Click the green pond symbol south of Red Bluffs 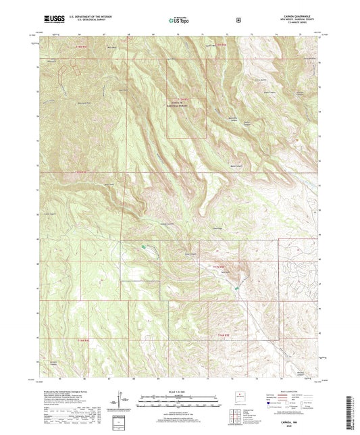pyautogui.click(x=236, y=289)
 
